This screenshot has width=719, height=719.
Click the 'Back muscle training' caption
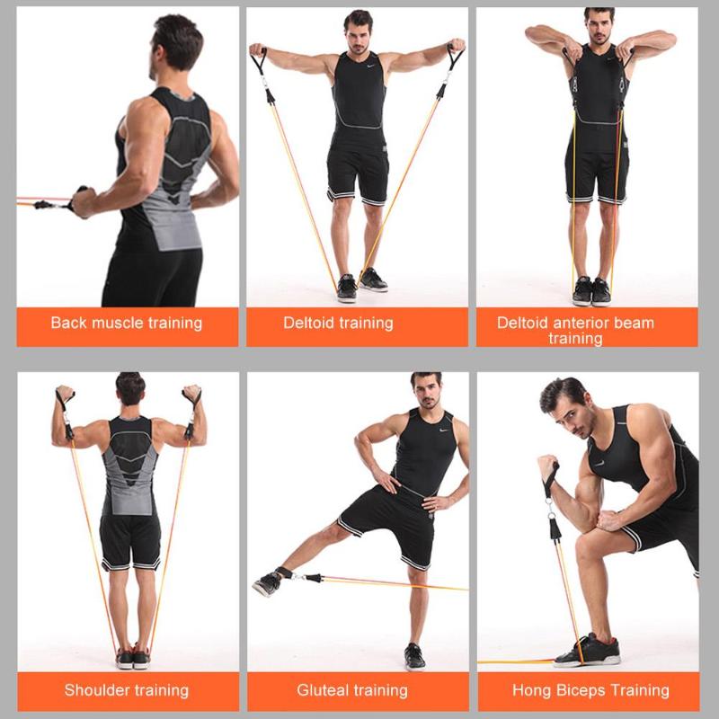point(127,323)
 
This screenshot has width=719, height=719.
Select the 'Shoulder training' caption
point(127,690)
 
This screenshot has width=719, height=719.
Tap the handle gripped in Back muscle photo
point(79,200)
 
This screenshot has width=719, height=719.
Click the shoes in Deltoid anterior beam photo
point(591,291)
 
